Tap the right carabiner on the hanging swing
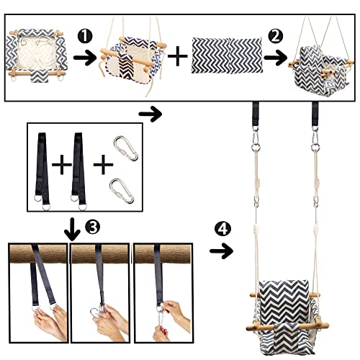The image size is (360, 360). (x=315, y=142)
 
